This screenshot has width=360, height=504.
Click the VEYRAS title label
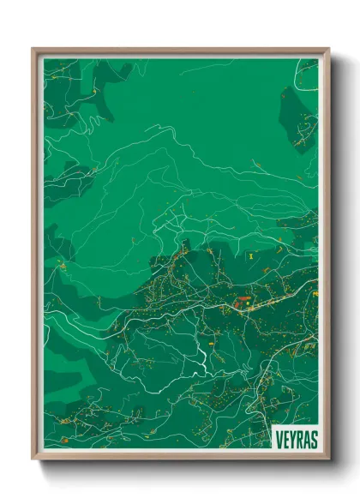coord(295,437)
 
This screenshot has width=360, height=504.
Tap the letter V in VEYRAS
coord(279,437)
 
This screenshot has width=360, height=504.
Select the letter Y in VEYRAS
coord(291,437)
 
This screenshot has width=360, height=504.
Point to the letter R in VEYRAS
coord(298,437)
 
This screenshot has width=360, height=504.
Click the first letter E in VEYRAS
coord(285,437)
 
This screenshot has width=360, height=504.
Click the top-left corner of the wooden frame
coord(33,50)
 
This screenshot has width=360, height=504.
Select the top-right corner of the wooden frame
coord(327,50)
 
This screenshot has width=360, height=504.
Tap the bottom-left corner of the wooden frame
coord(33,459)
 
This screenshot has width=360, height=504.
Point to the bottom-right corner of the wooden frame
coord(327,459)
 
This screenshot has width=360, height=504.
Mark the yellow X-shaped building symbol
coord(250,255)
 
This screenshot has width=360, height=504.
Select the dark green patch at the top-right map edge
coord(300,120)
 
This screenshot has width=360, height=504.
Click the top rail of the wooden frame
coord(180,51)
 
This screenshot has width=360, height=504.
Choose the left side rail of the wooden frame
coord(35,257)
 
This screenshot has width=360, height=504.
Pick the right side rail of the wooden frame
coord(326,257)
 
